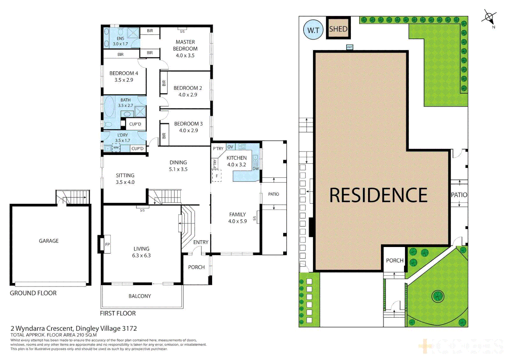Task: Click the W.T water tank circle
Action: [313, 30]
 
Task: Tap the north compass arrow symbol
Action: [489, 17]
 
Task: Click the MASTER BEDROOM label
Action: [185, 45]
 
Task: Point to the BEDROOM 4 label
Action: [124, 73]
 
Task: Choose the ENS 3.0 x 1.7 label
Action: [120, 41]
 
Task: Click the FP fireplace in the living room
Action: [107, 244]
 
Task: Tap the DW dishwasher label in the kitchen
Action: [255, 169]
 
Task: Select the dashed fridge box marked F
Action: [217, 176]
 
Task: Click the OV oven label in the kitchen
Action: [230, 147]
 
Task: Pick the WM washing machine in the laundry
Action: [116, 148]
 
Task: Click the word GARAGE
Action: [49, 241]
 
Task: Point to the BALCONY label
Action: [140, 296]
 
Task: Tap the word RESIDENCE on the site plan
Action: [378, 195]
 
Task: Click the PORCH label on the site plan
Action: [394, 260]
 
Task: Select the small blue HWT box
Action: [349, 47]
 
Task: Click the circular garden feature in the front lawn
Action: [438, 296]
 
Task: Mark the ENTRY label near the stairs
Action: [201, 242]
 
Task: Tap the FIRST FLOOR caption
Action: [118, 313]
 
